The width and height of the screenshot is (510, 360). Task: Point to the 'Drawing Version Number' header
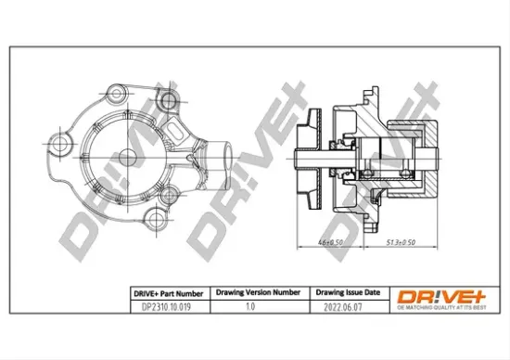pyautogui.click(x=257, y=292)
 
